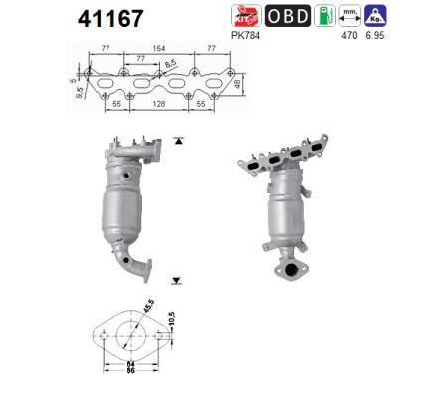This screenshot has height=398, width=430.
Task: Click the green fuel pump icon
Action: point(324,15)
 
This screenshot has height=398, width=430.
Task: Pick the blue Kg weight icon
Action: point(375,15)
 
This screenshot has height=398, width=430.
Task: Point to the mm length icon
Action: point(350,15)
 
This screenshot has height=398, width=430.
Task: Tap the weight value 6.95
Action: point(375,34)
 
